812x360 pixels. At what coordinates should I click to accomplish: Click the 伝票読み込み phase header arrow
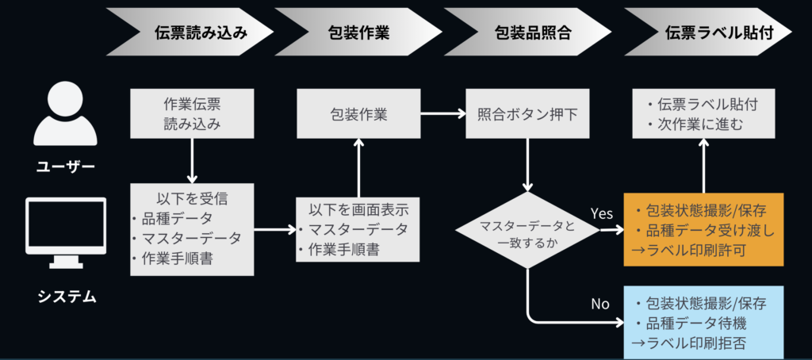[x=190, y=32]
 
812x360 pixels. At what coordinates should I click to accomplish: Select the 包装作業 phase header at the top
[x=358, y=32]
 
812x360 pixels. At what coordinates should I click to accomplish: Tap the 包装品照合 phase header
[x=527, y=32]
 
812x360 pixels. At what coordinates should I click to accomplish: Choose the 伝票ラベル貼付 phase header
[x=708, y=32]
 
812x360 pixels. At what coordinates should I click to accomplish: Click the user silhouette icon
[x=65, y=115]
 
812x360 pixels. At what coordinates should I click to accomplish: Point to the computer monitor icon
[x=66, y=233]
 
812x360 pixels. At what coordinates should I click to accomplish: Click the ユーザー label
[x=66, y=167]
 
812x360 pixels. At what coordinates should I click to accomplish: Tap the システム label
[x=67, y=297]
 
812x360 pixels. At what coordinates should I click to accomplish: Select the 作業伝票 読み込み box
[x=192, y=113]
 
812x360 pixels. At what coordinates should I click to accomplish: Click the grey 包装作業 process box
[x=358, y=113]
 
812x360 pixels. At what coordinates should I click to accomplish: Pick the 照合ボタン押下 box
[x=527, y=113]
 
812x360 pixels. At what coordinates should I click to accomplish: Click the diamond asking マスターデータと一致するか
[x=527, y=231]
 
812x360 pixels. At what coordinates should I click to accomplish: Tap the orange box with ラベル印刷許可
[x=704, y=229]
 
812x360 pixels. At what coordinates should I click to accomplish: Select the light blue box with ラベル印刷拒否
[x=704, y=322]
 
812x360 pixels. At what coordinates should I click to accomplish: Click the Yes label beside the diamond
[x=602, y=213]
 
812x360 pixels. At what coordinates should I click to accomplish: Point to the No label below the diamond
[x=601, y=304]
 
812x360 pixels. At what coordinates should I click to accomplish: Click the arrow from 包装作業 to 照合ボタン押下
[x=442, y=113]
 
